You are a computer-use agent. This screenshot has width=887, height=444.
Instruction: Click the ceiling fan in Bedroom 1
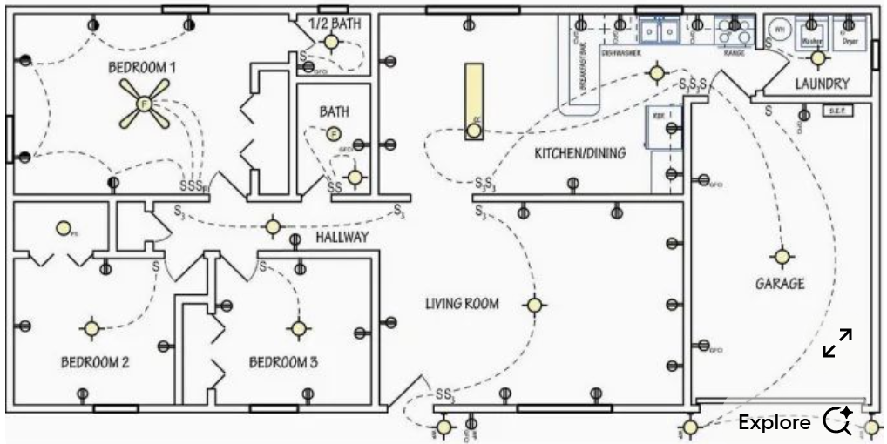click(x=144, y=104)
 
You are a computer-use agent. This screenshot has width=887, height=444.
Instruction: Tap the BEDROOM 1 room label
click(x=142, y=67)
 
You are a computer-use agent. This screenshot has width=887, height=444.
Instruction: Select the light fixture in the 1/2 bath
click(x=331, y=42)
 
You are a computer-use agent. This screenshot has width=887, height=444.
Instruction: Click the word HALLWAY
click(x=342, y=237)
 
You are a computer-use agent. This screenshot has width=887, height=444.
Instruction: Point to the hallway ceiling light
click(x=274, y=227)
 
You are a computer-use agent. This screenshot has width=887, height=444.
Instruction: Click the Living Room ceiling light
click(x=534, y=305)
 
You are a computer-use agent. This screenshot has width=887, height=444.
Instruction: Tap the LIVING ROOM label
click(x=462, y=304)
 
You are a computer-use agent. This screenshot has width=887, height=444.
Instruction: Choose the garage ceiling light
click(x=782, y=257)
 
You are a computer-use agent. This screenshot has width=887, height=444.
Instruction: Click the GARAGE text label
click(x=779, y=284)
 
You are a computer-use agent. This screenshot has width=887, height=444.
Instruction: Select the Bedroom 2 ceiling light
click(x=91, y=328)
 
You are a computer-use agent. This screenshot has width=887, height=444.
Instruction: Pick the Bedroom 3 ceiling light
click(x=299, y=328)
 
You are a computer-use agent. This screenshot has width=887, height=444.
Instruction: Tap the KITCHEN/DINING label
click(x=579, y=154)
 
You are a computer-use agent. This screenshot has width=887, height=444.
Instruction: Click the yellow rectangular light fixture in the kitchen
click(x=474, y=101)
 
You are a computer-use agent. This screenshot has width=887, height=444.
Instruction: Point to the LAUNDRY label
click(x=822, y=84)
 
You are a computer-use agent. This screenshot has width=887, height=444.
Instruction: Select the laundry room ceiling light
click(x=817, y=58)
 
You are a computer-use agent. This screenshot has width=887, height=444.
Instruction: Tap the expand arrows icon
click(x=837, y=343)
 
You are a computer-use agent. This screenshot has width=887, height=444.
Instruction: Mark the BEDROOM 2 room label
click(x=94, y=362)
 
